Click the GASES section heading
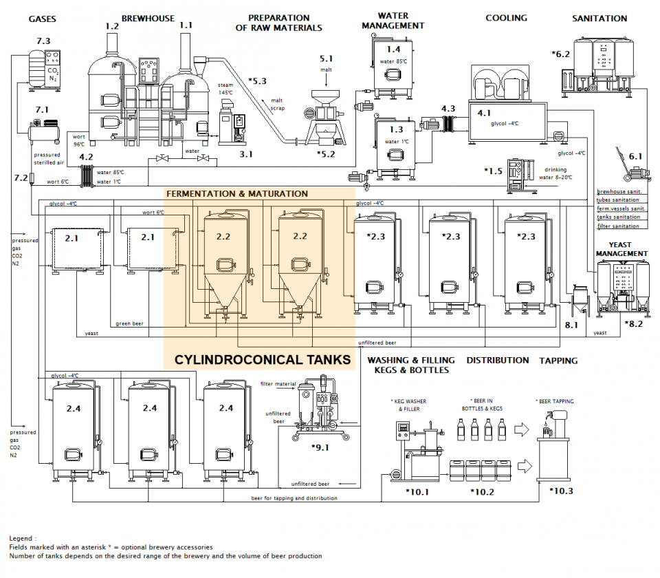(x=43, y=19)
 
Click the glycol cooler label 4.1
(x=485, y=113)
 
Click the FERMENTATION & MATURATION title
(x=237, y=194)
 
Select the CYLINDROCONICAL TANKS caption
(x=262, y=359)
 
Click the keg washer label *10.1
(x=417, y=491)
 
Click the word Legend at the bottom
(x=23, y=537)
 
